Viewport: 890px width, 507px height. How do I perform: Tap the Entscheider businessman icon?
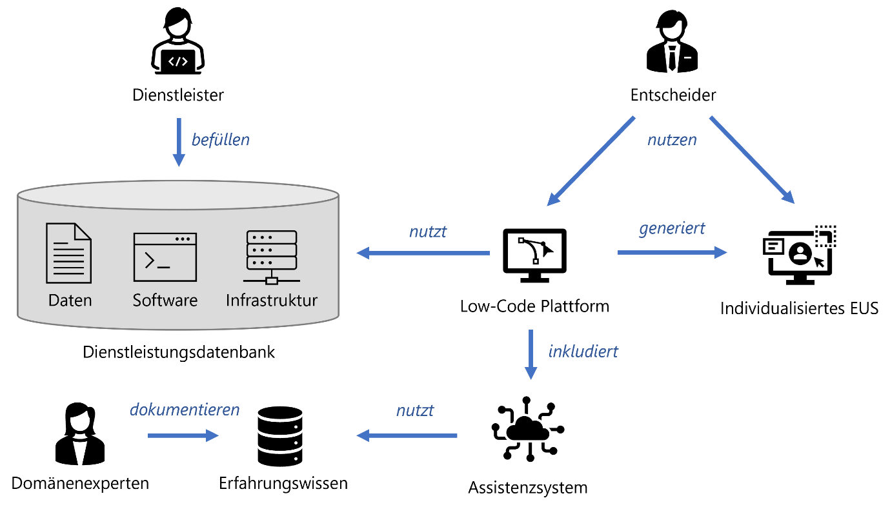tap(673, 45)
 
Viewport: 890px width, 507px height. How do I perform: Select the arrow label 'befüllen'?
tap(221, 139)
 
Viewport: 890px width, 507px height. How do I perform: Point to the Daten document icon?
tap(69, 253)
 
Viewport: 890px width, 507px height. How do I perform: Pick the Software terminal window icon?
tap(165, 257)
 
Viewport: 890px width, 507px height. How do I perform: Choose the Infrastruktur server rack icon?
tap(272, 257)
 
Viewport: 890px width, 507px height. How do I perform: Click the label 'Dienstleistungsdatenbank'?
tap(179, 352)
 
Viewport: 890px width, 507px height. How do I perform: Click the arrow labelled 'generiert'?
tap(671, 252)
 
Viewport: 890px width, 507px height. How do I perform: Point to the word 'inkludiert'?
tap(583, 352)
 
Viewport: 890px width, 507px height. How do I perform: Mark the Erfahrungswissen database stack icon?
tap(279, 436)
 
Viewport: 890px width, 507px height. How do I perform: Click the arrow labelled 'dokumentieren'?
tap(183, 436)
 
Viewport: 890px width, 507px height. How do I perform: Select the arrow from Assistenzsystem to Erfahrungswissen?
tap(407, 437)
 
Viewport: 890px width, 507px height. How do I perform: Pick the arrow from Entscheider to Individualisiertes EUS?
tap(753, 160)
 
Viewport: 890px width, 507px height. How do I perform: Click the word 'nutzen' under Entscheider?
tap(673, 139)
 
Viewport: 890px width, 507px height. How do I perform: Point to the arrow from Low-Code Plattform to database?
tap(423, 253)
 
